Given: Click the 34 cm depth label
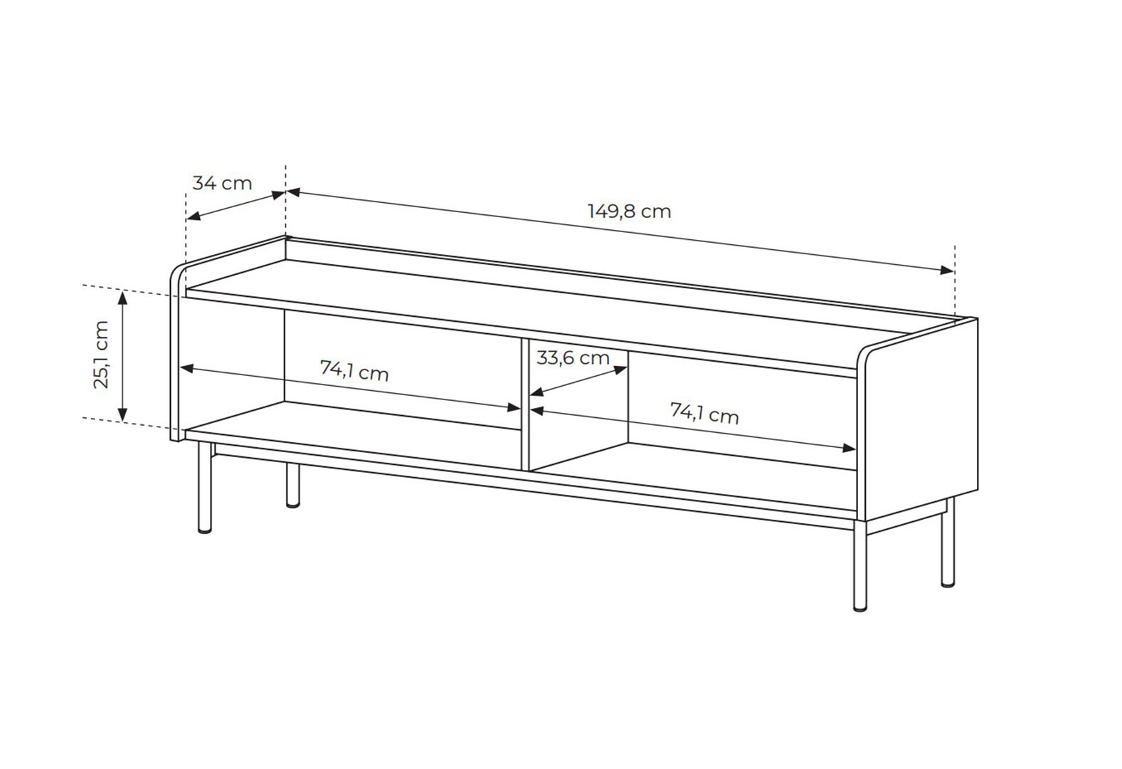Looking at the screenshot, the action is pyautogui.click(x=222, y=184).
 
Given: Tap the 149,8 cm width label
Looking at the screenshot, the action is pyautogui.click(x=629, y=211).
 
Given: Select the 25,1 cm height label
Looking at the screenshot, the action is pyautogui.click(x=101, y=355).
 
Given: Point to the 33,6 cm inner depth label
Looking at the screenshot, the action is pyautogui.click(x=573, y=358).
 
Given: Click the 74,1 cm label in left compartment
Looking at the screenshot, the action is pyautogui.click(x=354, y=371).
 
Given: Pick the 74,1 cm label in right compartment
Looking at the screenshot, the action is pyautogui.click(x=704, y=414).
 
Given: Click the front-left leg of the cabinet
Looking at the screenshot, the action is pyautogui.click(x=205, y=487).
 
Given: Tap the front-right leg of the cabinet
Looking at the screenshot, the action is pyautogui.click(x=860, y=566).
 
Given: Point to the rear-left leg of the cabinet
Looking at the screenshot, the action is pyautogui.click(x=293, y=486).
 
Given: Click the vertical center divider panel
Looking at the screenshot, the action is pyautogui.click(x=525, y=404).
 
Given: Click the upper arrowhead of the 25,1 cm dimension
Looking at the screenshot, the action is pyautogui.click(x=122, y=298).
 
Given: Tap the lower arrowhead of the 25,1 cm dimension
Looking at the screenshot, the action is pyautogui.click(x=122, y=414).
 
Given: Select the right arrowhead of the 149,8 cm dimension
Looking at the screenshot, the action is pyautogui.click(x=947, y=270).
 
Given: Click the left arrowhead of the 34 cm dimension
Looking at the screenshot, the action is pyautogui.click(x=194, y=216).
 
